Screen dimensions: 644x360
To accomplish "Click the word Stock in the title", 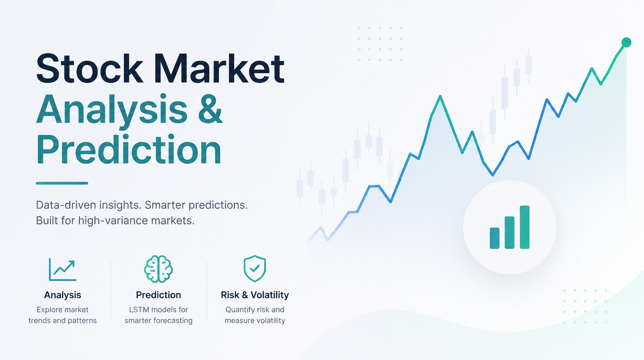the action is (x=89, y=69).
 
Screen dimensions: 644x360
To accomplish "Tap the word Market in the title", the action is (x=219, y=69).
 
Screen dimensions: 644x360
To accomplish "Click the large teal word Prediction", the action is (x=129, y=149).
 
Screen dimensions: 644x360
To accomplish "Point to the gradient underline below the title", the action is (x=62, y=183).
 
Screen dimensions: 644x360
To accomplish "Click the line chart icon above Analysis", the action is (x=63, y=269).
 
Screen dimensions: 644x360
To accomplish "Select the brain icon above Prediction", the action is (x=159, y=269).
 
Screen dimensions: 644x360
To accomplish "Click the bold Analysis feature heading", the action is (x=62, y=295).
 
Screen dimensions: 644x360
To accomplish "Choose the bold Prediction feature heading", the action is (x=159, y=295).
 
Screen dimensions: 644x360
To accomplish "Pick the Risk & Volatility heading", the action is (x=255, y=295).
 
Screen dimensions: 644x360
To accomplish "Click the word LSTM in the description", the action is (x=139, y=310).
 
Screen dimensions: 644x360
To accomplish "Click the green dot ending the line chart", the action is (x=626, y=43).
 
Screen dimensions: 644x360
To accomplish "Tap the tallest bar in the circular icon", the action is (x=525, y=227).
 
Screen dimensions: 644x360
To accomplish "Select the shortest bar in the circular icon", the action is (x=495, y=238).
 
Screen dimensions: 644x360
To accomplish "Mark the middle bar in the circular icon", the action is (x=510, y=233).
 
